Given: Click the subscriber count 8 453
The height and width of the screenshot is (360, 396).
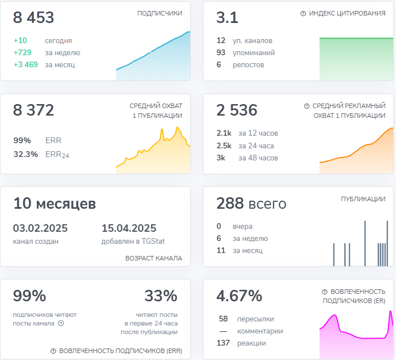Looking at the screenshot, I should pos(33,18).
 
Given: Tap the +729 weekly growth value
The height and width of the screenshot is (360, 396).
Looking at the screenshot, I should pos(23,53).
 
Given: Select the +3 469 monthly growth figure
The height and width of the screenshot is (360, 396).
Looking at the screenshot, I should pos(25,64).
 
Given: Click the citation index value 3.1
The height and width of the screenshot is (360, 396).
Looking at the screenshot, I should pos(227,18).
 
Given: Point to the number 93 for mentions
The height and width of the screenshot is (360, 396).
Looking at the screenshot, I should pos(221,53).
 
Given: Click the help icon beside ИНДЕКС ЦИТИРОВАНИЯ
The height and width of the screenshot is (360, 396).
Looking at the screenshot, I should pos(303,13).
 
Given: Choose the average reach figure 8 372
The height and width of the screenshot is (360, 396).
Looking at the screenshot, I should pos(33,110).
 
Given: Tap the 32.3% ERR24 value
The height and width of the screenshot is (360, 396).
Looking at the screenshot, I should pos(25,154).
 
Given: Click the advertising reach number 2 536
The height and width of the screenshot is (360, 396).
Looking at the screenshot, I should pos(237,110).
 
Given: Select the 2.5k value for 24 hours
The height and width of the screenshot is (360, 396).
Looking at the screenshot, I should pos(224,145).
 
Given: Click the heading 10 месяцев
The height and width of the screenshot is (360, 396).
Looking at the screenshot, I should pos(55,204).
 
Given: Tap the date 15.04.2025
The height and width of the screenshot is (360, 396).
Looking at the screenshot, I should pos(129,228).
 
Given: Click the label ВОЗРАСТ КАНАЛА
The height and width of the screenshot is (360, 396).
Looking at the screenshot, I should pos(153,258).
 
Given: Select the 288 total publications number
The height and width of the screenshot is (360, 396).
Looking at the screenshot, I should pos(231,204).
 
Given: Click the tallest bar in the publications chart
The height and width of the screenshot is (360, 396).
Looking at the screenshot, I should pos(364,244).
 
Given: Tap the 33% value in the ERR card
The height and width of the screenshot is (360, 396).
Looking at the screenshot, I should pos(161,296).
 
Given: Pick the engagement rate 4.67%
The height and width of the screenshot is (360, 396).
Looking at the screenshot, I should pos(239,296).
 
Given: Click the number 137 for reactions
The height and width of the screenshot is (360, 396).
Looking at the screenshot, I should pos(223,343).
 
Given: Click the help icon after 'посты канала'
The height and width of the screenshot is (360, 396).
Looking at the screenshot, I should pos(61,323).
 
